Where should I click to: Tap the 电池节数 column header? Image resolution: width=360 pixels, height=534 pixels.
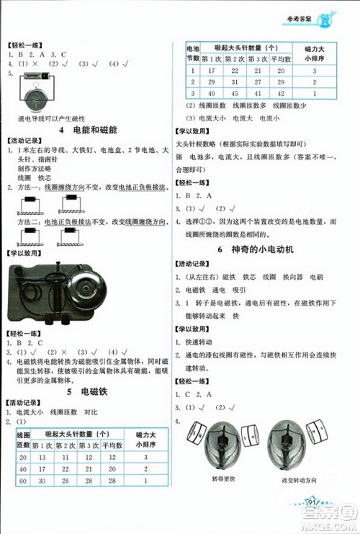[192, 52]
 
